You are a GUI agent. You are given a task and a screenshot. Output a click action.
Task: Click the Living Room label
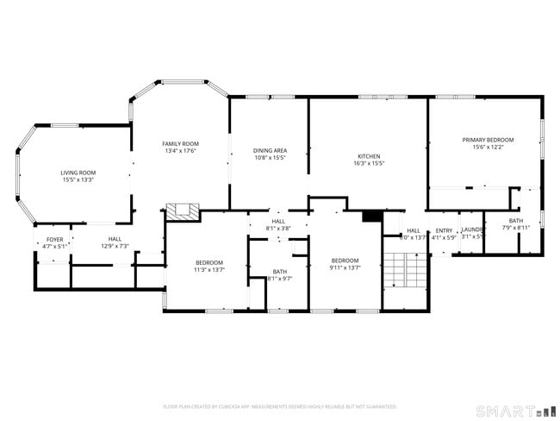click(78, 173)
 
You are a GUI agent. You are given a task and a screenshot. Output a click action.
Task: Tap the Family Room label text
click(181, 143)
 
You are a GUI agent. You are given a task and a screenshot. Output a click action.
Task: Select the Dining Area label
click(270, 150)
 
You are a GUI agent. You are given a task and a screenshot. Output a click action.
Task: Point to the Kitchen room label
click(369, 156)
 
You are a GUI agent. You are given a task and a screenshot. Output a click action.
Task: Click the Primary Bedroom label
click(488, 140)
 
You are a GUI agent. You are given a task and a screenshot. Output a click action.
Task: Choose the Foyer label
click(54, 239)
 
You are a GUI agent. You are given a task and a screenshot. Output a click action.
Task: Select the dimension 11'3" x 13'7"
click(209, 270)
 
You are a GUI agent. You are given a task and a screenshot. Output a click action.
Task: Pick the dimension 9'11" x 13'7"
click(345, 267)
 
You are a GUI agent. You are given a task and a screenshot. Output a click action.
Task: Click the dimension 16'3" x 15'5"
click(369, 163)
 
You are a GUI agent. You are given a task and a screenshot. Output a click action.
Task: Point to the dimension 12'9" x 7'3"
click(115, 246)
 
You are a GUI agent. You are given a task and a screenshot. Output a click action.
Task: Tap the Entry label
click(444, 230)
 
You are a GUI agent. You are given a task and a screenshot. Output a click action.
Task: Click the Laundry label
click(472, 229)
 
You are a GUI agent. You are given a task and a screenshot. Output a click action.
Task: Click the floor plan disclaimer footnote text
click(279, 405)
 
